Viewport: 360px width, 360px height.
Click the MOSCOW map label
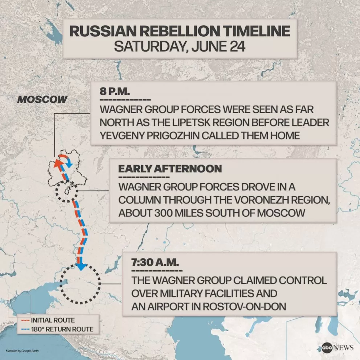(42, 99)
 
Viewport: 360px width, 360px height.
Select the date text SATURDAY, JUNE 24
(180, 46)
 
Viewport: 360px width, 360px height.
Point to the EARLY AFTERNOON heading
(170, 169)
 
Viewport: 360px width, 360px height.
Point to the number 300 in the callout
(163, 212)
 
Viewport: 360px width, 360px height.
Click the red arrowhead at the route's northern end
(57, 163)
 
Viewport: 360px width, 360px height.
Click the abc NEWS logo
(337, 347)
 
